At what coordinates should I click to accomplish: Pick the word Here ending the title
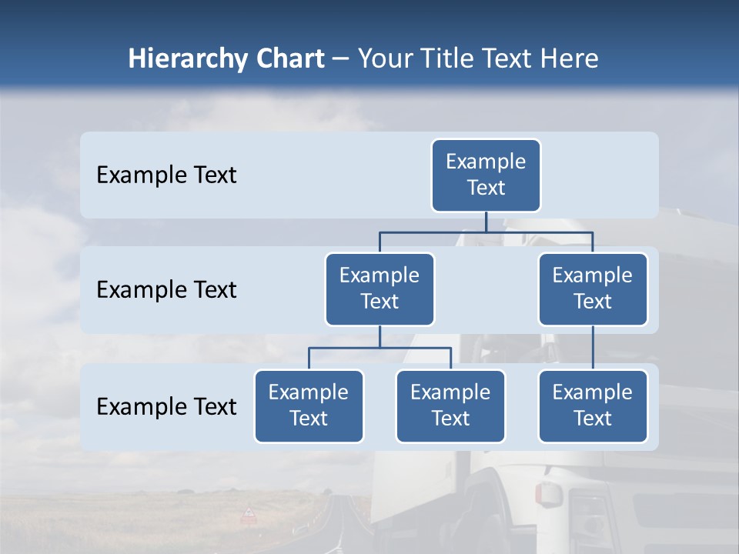[x=567, y=58]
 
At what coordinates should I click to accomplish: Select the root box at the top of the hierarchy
[x=486, y=175]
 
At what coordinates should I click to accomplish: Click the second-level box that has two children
[x=380, y=289]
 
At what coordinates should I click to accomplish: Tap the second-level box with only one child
[x=593, y=289]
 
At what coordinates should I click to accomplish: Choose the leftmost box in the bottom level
[x=309, y=405]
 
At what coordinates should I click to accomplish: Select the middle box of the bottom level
[x=450, y=405]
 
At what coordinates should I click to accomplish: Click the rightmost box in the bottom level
[x=593, y=405]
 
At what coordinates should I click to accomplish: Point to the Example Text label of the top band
[x=166, y=175]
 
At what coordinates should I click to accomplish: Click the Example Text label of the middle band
[x=166, y=289]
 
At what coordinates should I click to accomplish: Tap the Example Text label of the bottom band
[x=166, y=406]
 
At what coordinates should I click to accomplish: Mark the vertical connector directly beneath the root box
[x=486, y=222]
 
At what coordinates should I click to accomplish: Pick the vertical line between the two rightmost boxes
[x=593, y=347]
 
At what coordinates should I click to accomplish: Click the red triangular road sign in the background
[x=249, y=512]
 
